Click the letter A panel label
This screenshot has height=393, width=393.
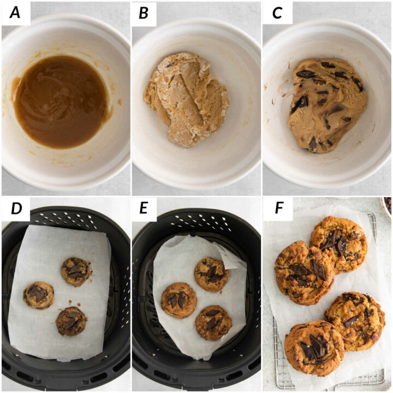[x=14, y=14]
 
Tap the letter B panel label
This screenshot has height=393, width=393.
[x=144, y=14]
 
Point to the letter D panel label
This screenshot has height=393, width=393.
[x=14, y=210]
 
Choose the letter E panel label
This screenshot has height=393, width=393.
[x=144, y=210]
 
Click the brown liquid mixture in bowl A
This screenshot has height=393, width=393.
[x=60, y=101]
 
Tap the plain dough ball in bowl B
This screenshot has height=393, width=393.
[x=186, y=98]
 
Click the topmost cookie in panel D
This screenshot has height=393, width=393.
[x=75, y=271]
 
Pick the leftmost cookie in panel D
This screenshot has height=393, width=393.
[x=39, y=295]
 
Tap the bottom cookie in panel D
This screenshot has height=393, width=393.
[x=71, y=320]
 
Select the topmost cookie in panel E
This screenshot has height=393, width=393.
[x=211, y=274]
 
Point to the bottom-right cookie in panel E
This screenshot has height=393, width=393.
[x=213, y=323]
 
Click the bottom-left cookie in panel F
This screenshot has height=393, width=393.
[x=314, y=348]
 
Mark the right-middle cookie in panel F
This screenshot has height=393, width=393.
[x=355, y=321]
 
